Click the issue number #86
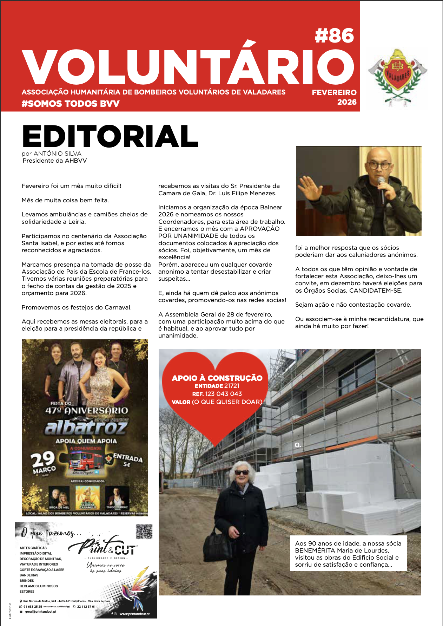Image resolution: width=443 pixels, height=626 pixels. point(334,36)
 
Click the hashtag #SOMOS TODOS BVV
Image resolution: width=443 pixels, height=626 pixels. point(71,104)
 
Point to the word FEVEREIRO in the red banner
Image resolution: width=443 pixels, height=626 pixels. point(334,93)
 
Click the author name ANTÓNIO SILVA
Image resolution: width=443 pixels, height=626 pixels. point(58,154)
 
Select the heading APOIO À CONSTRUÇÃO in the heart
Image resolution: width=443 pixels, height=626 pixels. point(217,378)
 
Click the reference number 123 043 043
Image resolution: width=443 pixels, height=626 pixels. point(224,394)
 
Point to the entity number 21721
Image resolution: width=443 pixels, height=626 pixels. point(232,386)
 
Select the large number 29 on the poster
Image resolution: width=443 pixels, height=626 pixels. point(43,459)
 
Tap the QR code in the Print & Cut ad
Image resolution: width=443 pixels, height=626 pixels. point(144,532)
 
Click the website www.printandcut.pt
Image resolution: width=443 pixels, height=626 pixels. point(134,614)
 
